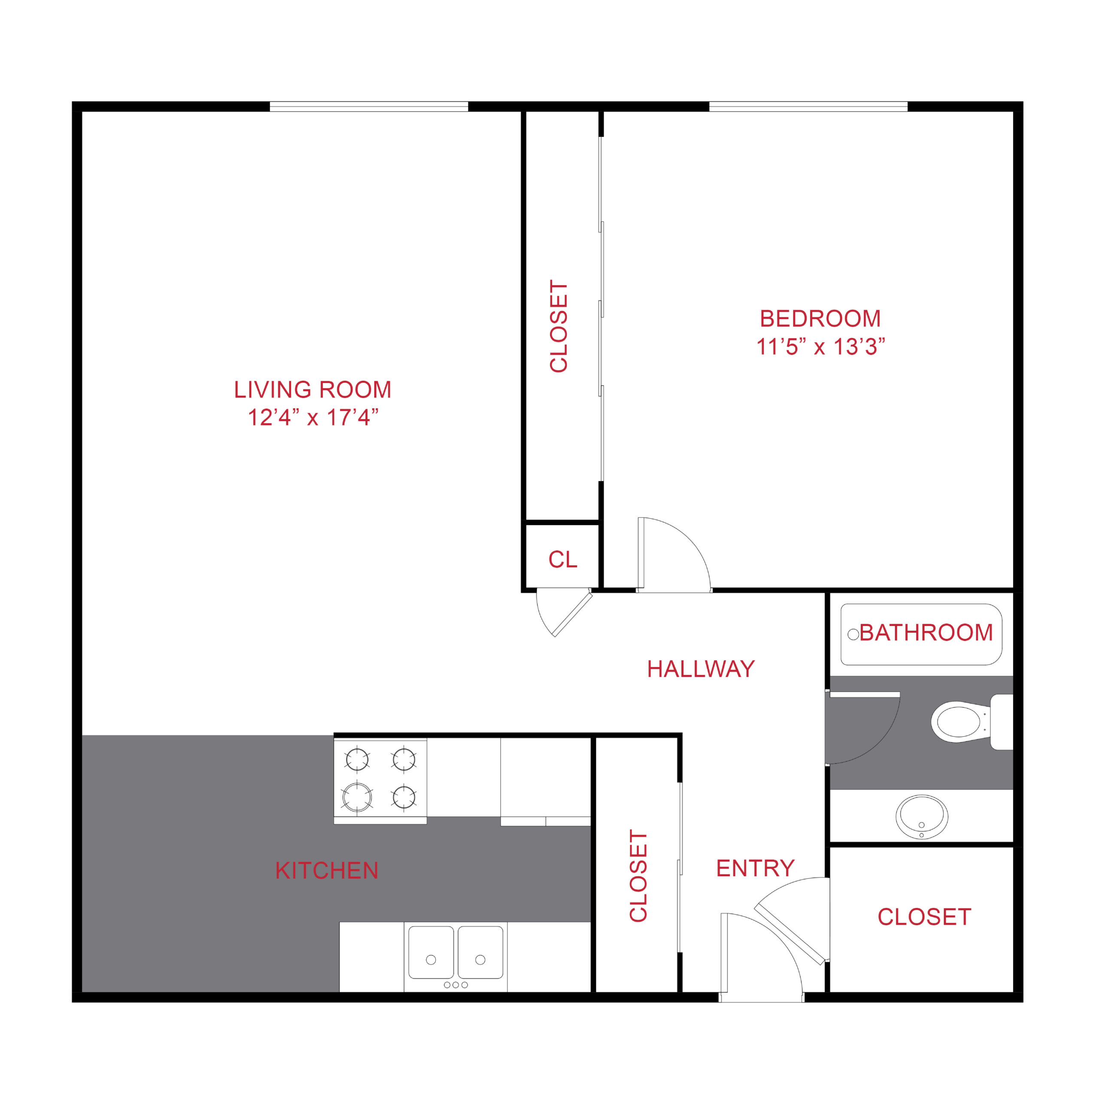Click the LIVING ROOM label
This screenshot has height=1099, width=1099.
313,390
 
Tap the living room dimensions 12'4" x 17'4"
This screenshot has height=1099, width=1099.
313,418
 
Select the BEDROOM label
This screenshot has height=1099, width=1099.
820,319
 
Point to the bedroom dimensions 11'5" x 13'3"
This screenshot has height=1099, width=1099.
820,346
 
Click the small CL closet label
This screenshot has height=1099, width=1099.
562,560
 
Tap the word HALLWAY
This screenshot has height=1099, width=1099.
701,669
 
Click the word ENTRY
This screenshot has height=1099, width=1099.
755,868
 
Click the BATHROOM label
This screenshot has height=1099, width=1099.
926,632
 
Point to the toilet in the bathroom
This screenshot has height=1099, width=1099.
971,722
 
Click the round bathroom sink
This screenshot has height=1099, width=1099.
922,817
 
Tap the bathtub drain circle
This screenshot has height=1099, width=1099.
853,634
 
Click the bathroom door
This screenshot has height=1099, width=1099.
863,728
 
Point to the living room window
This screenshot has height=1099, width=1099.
369,106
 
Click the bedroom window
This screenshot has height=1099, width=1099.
808,106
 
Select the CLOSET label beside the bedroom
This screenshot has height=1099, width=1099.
559,327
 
